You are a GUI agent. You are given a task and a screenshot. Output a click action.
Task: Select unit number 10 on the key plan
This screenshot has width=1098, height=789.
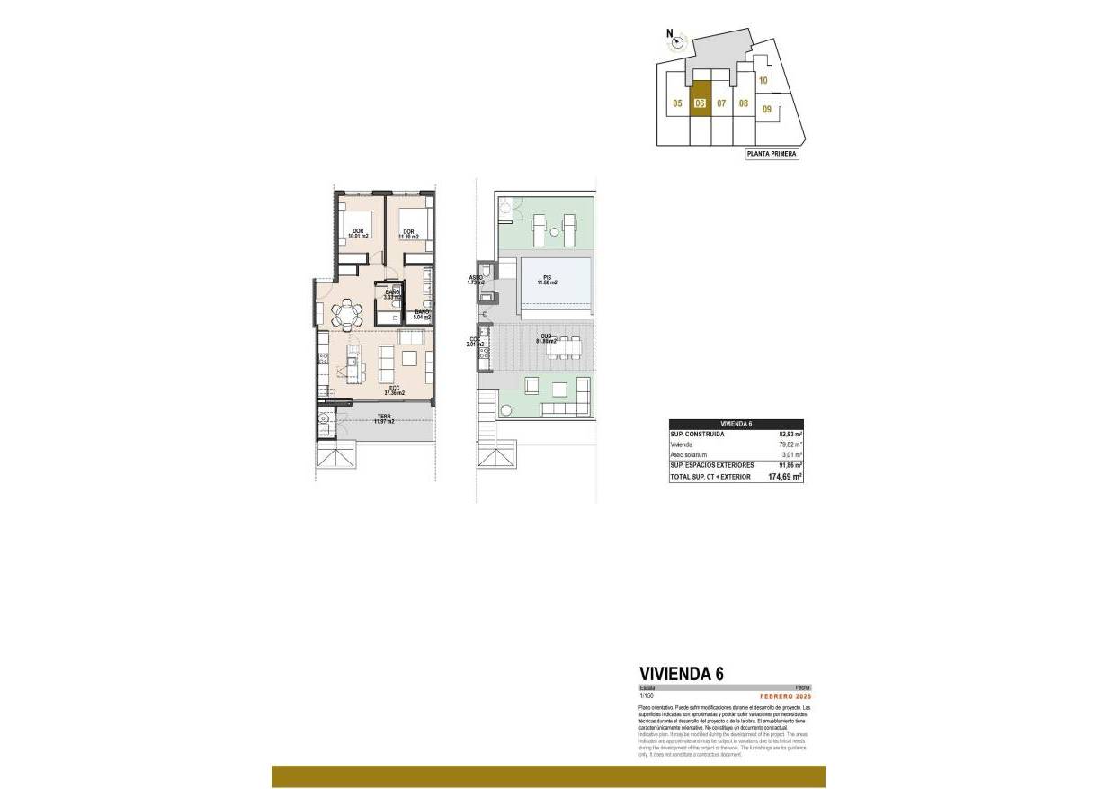click(x=762, y=80)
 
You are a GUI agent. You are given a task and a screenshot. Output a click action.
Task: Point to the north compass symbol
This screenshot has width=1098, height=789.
click(x=677, y=40)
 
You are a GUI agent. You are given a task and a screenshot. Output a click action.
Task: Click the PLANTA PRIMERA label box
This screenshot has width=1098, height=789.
click(x=772, y=154)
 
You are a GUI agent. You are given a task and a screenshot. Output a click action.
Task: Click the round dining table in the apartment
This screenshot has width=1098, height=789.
click(x=346, y=314)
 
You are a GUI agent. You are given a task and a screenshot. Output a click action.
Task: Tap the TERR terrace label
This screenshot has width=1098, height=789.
click(x=384, y=418)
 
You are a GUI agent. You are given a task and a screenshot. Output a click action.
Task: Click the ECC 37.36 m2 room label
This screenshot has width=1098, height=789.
click(x=394, y=390)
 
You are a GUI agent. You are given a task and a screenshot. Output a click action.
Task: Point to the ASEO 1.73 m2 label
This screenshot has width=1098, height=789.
click(x=475, y=280)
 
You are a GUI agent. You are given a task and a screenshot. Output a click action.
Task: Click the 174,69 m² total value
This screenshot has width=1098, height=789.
click(x=784, y=477)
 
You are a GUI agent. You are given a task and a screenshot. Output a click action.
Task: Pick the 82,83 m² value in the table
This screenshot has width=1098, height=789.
click(x=790, y=435)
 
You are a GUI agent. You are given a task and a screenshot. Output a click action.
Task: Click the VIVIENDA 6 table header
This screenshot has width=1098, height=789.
click(x=736, y=424)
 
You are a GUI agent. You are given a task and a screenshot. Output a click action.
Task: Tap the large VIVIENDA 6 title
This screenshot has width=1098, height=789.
click(x=681, y=673)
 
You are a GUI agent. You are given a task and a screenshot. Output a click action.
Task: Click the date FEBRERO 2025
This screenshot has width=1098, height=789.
click(x=785, y=695)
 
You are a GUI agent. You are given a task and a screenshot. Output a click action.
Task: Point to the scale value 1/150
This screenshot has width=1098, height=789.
click(x=647, y=695)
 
